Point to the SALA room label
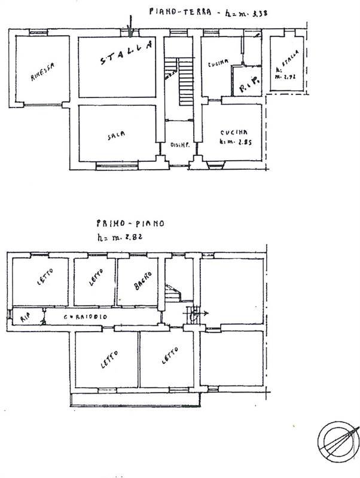[x=116, y=136]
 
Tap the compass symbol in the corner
[x=337, y=440]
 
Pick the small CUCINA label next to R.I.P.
[x=216, y=64]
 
